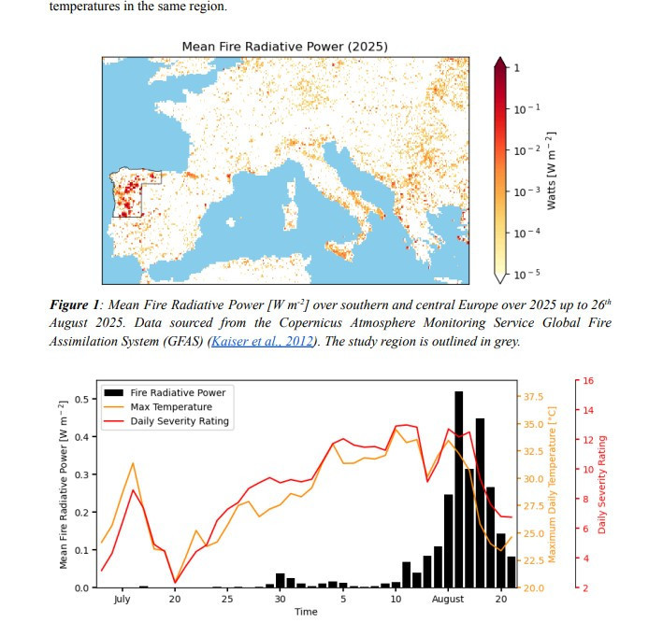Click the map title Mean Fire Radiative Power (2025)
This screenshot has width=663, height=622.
tap(284, 46)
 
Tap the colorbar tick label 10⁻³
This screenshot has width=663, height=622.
tap(526, 191)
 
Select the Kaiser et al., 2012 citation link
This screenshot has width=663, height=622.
tap(266, 341)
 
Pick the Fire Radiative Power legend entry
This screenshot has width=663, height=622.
tap(182, 392)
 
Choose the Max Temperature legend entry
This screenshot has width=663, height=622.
tap(170, 407)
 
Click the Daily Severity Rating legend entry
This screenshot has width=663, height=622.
tap(180, 421)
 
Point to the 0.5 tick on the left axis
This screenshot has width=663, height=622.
tap(81, 399)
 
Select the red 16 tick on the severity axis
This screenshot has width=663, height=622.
tap(588, 380)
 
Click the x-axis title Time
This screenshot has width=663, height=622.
tap(306, 613)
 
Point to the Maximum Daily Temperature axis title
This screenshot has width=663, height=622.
tap(553, 484)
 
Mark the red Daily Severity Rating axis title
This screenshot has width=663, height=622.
tap(602, 484)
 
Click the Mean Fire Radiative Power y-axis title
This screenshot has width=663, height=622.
tap(64, 484)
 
